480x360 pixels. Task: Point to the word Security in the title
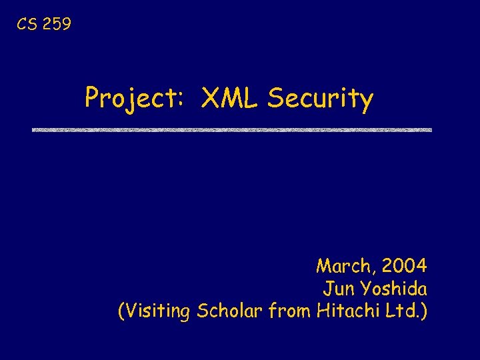pyautogui.click(x=320, y=99)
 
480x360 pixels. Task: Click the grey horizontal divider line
pyautogui.click(x=232, y=129)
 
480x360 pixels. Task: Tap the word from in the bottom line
pyautogui.click(x=291, y=311)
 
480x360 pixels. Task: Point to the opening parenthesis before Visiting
pyautogui.click(x=121, y=311)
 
